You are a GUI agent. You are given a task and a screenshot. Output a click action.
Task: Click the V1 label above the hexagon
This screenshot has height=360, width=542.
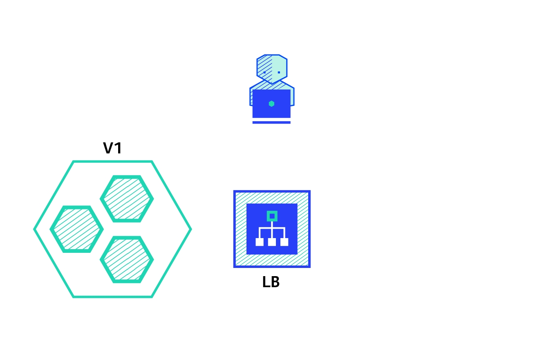pos(112,148)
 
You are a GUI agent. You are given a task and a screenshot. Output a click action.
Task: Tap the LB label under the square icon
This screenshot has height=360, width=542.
pos(271,282)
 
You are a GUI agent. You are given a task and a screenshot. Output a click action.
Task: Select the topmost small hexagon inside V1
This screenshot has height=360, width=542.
pos(127,199)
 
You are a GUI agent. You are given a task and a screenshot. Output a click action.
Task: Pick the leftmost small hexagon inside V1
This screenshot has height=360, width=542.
pos(76,229)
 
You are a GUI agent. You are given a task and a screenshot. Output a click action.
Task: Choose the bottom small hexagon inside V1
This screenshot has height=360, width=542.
pos(127,259)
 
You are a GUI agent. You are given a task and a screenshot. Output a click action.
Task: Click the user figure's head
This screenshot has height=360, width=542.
pos(272,68)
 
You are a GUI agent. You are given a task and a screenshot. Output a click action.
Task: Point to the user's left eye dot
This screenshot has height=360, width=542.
pos(264,72)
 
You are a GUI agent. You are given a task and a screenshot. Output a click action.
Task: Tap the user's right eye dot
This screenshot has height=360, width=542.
pos(279,72)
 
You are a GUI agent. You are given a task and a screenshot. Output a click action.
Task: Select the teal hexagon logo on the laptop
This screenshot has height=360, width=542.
pos(271,103)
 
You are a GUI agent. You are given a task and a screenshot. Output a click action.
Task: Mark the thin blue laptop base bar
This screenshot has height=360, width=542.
pos(271,122)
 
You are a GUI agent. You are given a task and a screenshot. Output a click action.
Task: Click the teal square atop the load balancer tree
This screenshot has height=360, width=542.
pos(272,216)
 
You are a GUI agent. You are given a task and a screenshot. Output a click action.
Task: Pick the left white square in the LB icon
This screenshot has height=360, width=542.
pos(260,242)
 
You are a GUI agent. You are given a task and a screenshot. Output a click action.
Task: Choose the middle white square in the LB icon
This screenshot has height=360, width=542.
pos(272,242)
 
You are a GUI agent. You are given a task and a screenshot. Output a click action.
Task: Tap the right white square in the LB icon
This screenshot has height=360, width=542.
pos(284,242)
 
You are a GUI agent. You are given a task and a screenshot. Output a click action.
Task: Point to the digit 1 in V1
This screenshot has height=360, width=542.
pos(119,148)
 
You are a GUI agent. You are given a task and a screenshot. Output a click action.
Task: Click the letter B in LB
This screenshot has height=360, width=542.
pos(275,282)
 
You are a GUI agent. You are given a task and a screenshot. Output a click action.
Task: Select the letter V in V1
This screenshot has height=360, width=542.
pos(108,148)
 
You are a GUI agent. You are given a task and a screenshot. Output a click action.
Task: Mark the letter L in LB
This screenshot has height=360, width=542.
pos(266,282)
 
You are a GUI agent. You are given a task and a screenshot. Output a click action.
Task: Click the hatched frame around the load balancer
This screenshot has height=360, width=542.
pos(241,229)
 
